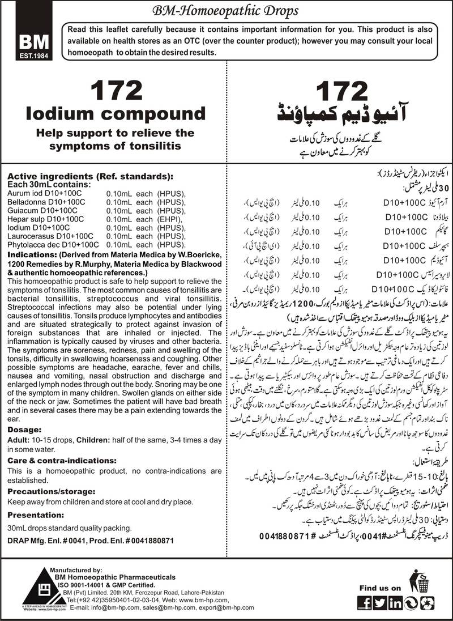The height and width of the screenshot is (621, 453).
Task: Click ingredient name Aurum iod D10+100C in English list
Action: (x=42, y=194)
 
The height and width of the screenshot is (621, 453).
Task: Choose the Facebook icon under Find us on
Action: (x=366, y=602)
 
